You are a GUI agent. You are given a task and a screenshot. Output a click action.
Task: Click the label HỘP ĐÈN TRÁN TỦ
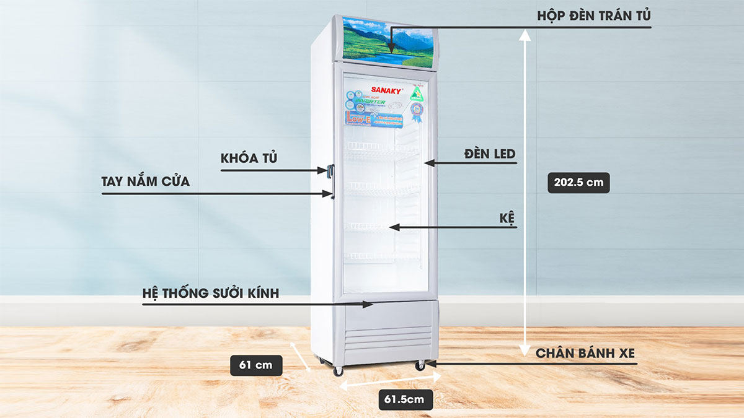pyautogui.click(x=593, y=16)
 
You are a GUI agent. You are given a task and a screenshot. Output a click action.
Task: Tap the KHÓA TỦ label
pyautogui.click(x=249, y=159)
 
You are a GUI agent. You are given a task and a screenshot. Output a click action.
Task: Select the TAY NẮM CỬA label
pyautogui.click(x=146, y=182)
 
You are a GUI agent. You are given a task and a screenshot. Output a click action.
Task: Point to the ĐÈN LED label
pyautogui.click(x=490, y=154)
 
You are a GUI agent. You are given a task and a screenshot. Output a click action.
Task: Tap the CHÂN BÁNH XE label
pyautogui.click(x=586, y=354)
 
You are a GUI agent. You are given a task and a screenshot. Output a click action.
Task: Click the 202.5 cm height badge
pyautogui.click(x=579, y=183)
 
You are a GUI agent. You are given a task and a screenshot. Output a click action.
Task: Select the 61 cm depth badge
pyautogui.click(x=255, y=365)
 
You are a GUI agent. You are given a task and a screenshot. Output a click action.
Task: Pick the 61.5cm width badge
pyautogui.click(x=404, y=399)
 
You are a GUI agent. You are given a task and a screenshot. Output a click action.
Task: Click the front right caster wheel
pyautogui.click(x=420, y=365)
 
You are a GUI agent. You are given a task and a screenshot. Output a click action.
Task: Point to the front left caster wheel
pyautogui.click(x=338, y=371)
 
